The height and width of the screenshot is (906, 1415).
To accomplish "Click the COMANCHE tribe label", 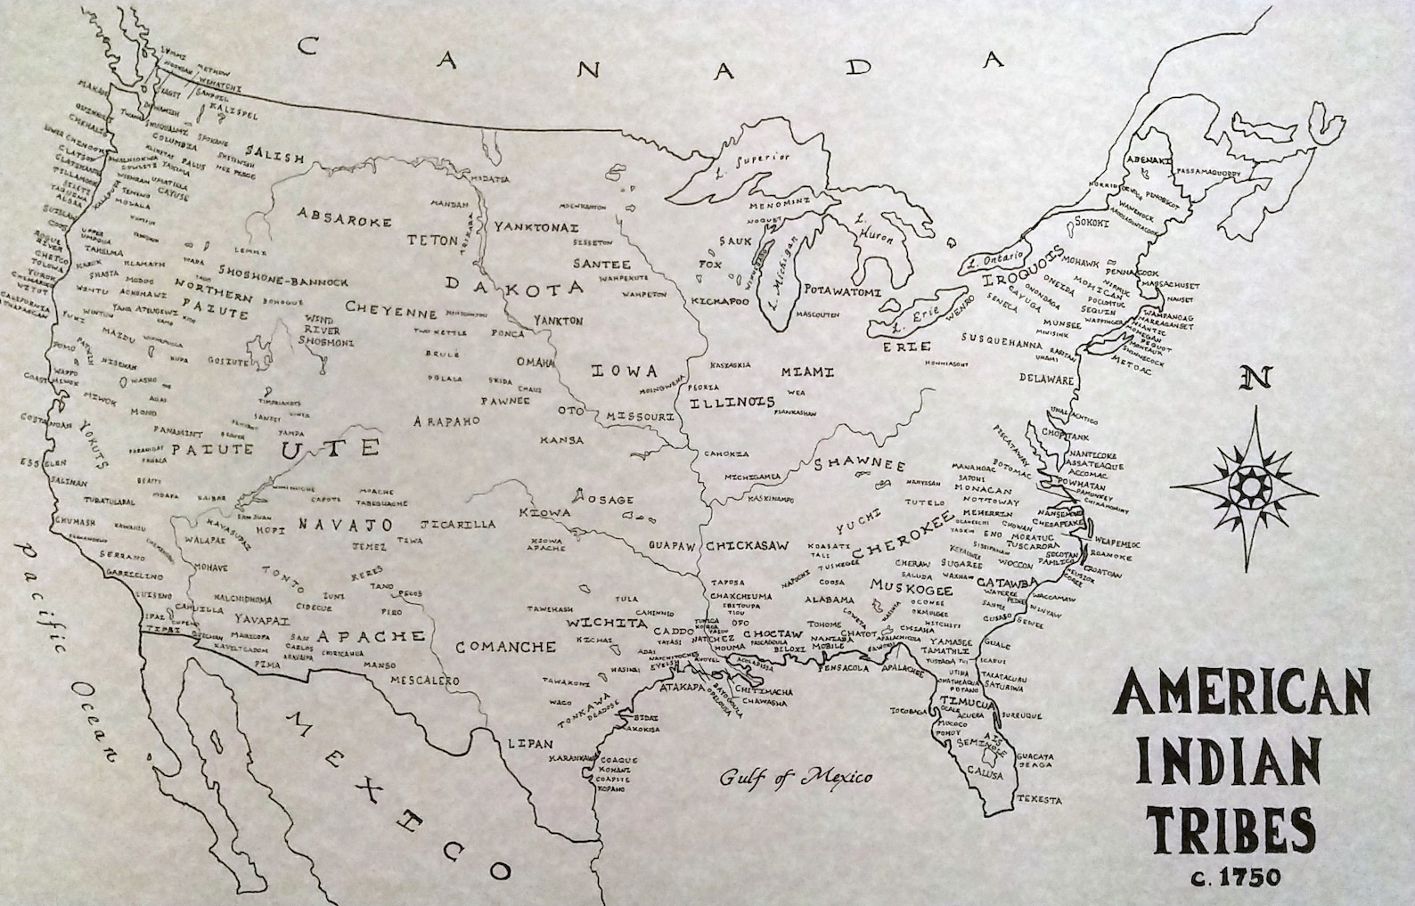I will click(x=506, y=647).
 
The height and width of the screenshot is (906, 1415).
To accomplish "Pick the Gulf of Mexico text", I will click(x=796, y=777).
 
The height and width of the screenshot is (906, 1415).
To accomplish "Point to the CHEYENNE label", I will click(x=391, y=312).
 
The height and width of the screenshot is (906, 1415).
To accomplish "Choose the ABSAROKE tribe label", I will click(x=344, y=217).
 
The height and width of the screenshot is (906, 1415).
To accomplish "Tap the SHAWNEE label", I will click(x=859, y=465).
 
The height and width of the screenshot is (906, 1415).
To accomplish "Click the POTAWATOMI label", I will click(x=842, y=291).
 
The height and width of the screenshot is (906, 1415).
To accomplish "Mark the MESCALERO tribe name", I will click(x=425, y=681).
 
